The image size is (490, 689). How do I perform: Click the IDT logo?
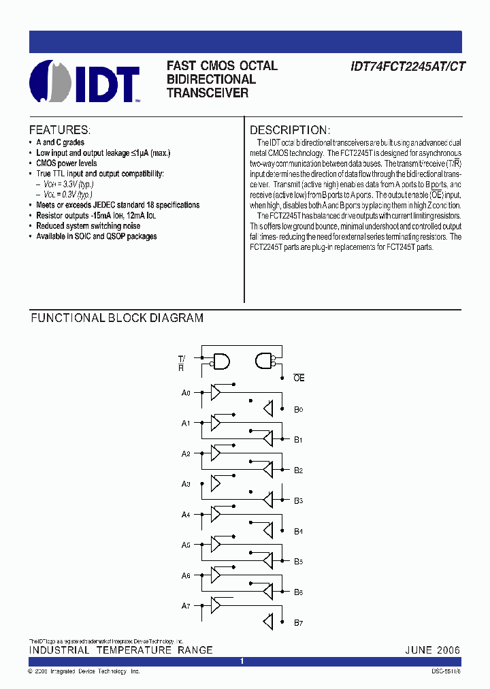click(84, 82)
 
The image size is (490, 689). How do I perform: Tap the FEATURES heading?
click(59, 130)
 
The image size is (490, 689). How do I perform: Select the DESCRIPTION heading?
click(290, 130)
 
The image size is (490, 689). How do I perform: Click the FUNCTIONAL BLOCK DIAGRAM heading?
click(116, 318)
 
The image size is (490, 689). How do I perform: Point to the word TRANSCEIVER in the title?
click(208, 93)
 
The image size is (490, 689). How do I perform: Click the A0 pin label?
click(186, 393)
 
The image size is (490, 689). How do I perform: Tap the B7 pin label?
click(298, 623)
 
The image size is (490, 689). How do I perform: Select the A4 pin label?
click(186, 515)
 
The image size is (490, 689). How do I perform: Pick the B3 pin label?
click(298, 500)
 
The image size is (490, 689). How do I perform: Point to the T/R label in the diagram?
click(182, 363)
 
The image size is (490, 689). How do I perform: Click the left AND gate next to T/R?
click(221, 361)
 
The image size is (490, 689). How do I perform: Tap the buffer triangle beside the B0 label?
click(268, 408)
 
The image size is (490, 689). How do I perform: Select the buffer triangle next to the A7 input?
click(216, 605)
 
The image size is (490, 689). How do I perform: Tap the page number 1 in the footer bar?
click(242, 661)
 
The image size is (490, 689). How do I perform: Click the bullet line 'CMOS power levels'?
click(67, 163)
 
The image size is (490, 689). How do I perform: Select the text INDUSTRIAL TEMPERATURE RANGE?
click(120, 650)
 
